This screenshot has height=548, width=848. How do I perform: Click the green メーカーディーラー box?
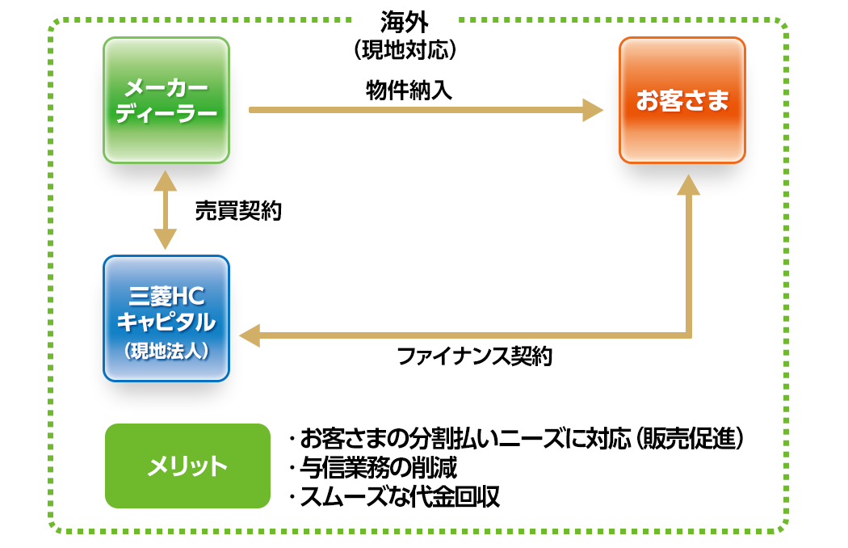tap(166, 100)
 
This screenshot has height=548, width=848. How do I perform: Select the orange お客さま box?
tap(682, 100)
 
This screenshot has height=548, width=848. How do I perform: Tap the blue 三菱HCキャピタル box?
tap(166, 318)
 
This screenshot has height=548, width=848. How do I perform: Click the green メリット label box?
tap(187, 466)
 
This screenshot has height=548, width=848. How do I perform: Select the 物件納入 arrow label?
tap(408, 89)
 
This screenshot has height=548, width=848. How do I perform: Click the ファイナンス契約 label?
tap(474, 356)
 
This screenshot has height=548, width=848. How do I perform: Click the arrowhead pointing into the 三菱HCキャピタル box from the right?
tap(248, 335)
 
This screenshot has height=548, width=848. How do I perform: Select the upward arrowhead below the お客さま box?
tap(688, 184)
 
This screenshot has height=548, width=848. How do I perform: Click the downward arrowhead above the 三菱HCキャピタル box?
tap(166, 239)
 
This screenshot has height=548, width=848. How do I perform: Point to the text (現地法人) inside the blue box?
tap(166, 351)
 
